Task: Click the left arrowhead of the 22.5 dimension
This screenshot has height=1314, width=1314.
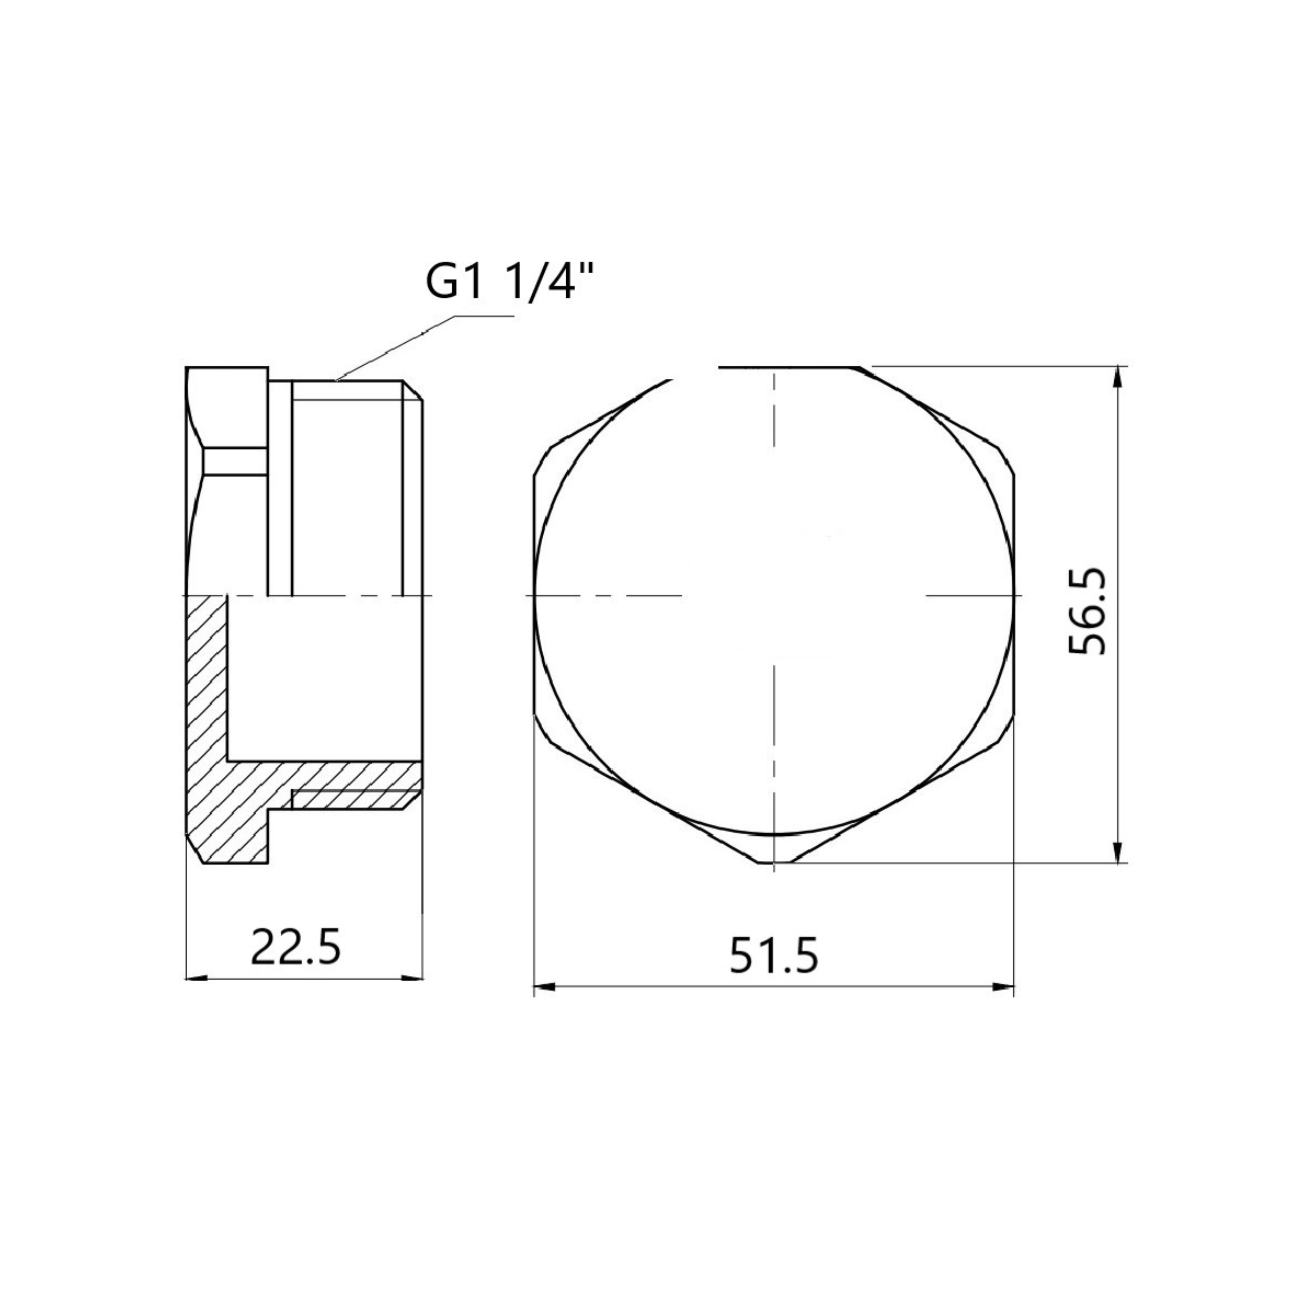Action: pyautogui.click(x=196, y=979)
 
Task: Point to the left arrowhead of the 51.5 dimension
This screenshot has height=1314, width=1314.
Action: pyautogui.click(x=545, y=986)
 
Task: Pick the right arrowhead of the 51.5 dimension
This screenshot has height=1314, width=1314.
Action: pyautogui.click(x=1003, y=986)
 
